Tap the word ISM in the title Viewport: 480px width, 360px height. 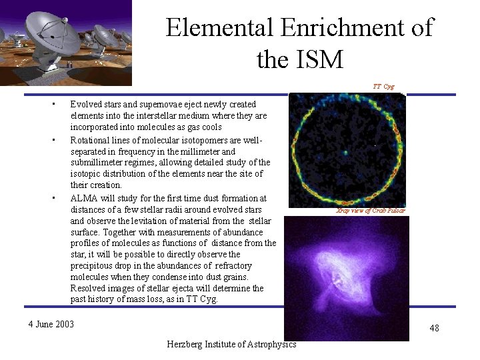(319, 60)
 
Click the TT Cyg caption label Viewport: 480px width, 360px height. (383, 87)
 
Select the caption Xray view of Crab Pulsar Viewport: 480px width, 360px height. (371, 211)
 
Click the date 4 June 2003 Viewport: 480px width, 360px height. (51, 325)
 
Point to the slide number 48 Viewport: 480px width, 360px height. (434, 328)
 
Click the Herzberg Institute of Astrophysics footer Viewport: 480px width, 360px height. (232, 344)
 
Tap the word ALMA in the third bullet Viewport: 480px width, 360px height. (83, 198)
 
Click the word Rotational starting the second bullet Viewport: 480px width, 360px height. (90, 139)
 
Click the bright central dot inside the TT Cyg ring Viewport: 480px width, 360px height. (345, 153)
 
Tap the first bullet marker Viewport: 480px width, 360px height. (53, 105)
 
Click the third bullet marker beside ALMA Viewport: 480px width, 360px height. (53, 198)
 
